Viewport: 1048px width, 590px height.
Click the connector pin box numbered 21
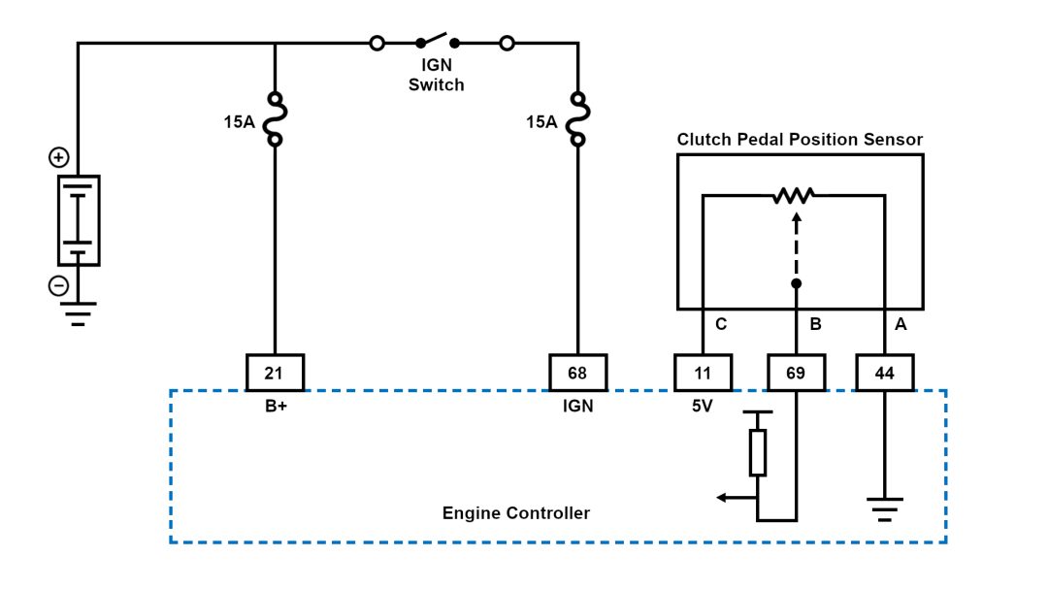[x=275, y=373]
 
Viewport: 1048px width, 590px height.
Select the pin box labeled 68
[x=578, y=373]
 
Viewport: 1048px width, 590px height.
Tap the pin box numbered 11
[x=703, y=373]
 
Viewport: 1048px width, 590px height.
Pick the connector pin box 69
[x=796, y=373]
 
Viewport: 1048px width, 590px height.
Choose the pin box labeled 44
[x=884, y=373]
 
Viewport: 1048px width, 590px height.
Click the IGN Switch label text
[x=436, y=76]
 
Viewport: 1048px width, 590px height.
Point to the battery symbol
[x=79, y=220]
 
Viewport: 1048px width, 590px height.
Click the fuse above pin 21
[x=276, y=119]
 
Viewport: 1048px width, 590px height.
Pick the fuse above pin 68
[x=578, y=119]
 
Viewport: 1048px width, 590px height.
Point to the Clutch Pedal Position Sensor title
[x=800, y=140]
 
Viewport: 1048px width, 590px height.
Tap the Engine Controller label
[x=515, y=512]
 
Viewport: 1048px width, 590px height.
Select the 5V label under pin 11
[x=702, y=407]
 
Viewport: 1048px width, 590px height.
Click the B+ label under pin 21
[x=275, y=407]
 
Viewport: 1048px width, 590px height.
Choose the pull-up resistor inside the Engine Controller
[x=758, y=452]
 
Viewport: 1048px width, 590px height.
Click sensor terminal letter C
[x=721, y=325]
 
